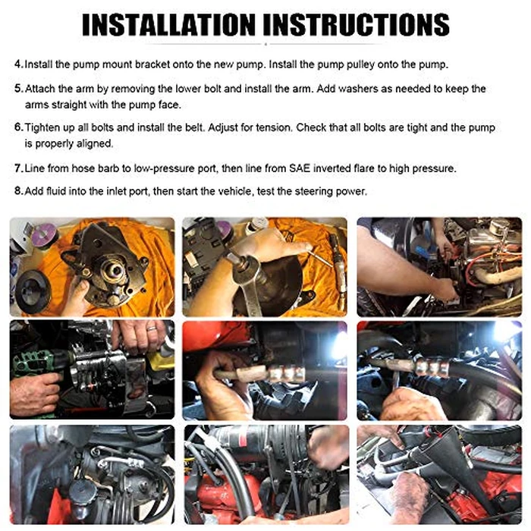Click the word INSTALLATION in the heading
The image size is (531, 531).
(168, 25)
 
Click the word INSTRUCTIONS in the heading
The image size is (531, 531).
(356, 25)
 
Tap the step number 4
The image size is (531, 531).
(19, 64)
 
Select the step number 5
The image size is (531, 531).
(19, 89)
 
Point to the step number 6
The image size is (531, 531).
(19, 127)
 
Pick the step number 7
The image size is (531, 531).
(19, 168)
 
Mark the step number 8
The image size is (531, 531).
(19, 191)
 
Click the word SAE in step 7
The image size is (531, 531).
(300, 168)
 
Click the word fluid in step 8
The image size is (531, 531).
(55, 191)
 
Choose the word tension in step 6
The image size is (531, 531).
(274, 127)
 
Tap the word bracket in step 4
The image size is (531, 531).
(152, 64)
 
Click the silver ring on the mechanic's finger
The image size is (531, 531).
(152, 328)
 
